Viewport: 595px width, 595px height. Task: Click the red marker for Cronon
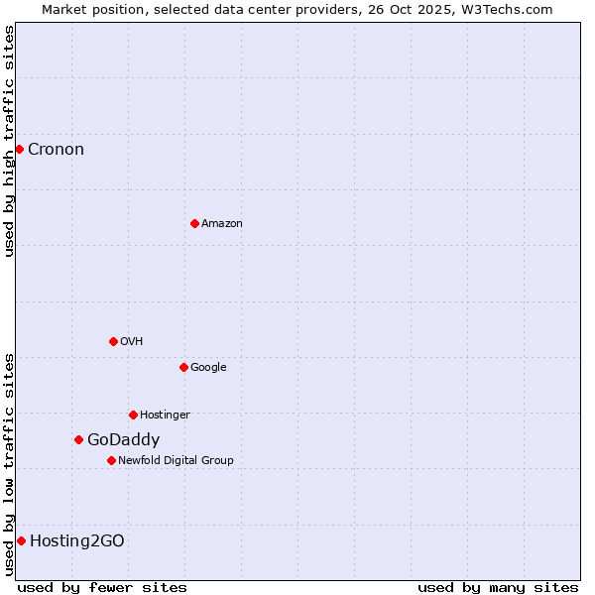(19, 149)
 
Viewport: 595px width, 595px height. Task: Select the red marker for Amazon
(194, 223)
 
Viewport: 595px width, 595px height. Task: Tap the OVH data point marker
(113, 341)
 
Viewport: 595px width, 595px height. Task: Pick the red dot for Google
(183, 367)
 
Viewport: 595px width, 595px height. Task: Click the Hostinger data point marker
(133, 415)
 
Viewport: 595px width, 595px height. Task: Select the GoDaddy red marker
(78, 439)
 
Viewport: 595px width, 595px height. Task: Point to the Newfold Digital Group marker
(111, 460)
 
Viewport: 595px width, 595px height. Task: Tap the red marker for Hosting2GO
(21, 540)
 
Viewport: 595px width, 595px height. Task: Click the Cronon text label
(56, 150)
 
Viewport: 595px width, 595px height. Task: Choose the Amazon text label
(221, 224)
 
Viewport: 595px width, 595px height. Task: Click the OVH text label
(131, 342)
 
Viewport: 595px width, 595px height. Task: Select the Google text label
(208, 368)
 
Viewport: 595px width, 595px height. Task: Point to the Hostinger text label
(165, 416)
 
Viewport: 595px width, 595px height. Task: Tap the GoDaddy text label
(123, 440)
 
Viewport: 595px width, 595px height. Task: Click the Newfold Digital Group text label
(176, 461)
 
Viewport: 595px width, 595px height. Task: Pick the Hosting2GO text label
(76, 541)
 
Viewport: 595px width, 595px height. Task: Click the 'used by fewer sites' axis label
(102, 587)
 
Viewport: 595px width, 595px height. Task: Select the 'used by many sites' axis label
(498, 587)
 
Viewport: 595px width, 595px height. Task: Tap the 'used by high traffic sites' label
(9, 141)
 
